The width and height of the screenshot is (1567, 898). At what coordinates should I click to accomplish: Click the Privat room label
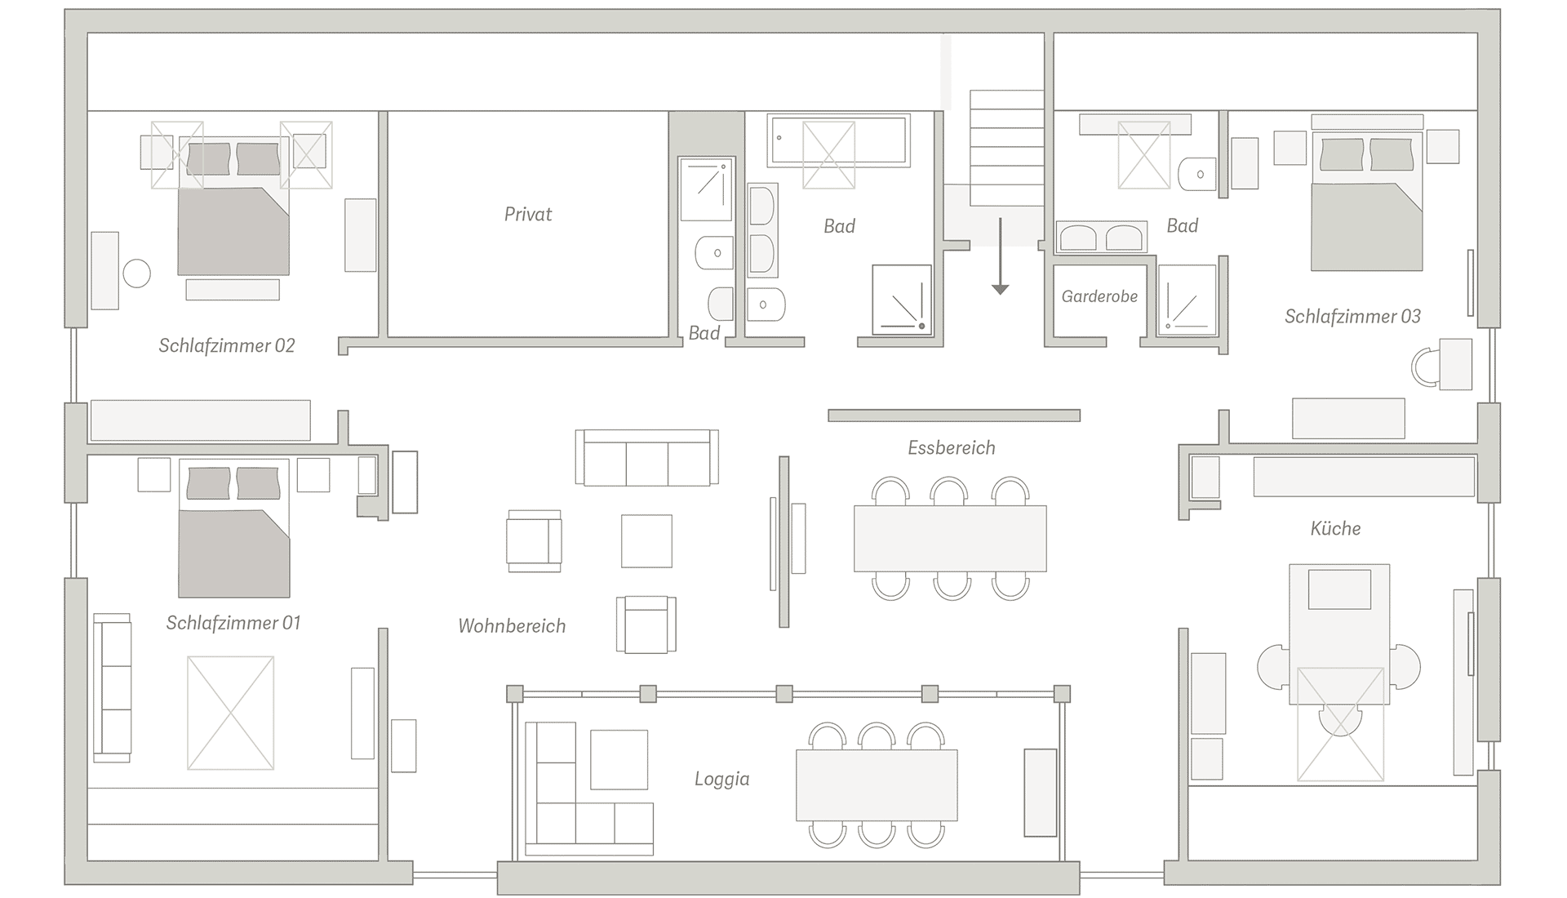528,215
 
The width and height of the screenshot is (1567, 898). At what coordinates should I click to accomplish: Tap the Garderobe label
1099,296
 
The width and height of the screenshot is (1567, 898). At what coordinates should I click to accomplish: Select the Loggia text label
721,780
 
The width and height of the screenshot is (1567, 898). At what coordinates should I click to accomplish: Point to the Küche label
1335,528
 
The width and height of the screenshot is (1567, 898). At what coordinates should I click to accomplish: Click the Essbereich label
952,447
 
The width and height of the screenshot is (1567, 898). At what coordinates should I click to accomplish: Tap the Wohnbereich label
512,626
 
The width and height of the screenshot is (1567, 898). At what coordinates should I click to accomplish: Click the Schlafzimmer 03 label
1352,316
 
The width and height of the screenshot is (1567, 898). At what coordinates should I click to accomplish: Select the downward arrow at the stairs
1000,256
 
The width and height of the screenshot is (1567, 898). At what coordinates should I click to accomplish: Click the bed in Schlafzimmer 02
233,207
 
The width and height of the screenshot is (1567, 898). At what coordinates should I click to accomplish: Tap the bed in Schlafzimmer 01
233,528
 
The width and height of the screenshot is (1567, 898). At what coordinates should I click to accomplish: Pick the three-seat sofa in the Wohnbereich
646,457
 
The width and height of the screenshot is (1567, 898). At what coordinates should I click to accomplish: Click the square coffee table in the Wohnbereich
646,540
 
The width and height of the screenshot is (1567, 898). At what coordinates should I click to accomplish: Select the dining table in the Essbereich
950,539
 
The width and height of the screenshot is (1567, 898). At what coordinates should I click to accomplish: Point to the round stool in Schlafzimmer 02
136,273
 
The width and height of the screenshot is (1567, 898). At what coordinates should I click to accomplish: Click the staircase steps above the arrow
1006,148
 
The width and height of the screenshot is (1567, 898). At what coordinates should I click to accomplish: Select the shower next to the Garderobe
1187,300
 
